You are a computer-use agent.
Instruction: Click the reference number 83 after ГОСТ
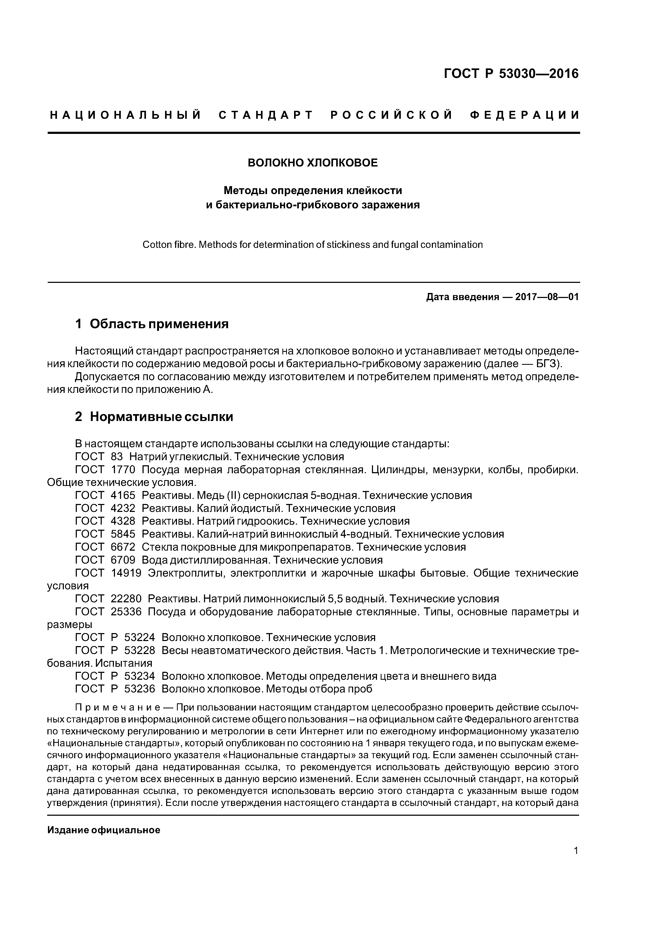click(117, 457)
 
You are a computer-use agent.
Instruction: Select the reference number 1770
click(123, 470)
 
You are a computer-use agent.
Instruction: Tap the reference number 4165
click(123, 495)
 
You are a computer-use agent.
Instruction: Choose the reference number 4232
click(123, 508)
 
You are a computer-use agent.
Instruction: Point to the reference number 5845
click(123, 534)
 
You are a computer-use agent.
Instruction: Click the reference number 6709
click(123, 560)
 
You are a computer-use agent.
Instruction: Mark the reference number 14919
click(126, 573)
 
